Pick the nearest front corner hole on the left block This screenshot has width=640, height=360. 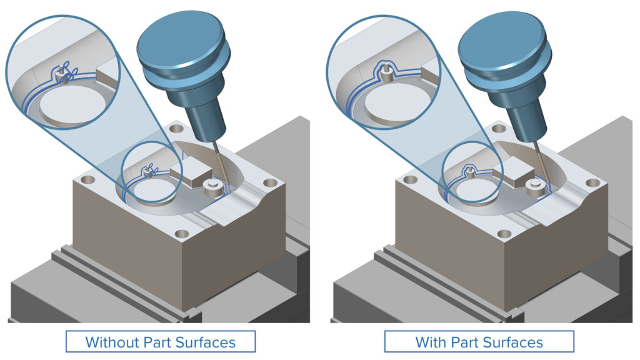click(x=182, y=234)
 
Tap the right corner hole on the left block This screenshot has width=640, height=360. click(x=269, y=184)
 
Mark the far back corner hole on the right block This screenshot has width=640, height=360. click(x=498, y=128)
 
